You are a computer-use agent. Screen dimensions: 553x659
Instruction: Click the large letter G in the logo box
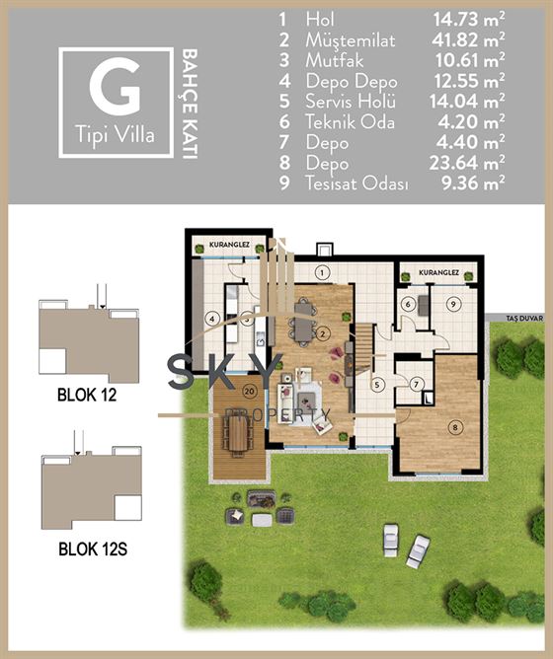[x=115, y=87]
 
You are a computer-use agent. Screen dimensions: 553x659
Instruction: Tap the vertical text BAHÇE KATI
[x=191, y=104]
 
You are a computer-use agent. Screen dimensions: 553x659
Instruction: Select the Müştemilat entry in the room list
[x=351, y=39]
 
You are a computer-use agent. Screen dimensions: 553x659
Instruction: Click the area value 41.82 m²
[x=468, y=39]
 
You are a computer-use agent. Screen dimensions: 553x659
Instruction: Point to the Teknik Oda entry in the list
[x=351, y=122]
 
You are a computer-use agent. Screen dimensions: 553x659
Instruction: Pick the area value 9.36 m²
[x=473, y=183]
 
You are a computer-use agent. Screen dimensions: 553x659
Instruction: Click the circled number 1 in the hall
[x=322, y=272]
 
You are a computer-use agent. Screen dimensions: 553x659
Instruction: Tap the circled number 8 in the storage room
[x=455, y=428]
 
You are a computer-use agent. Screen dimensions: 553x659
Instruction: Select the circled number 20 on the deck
[x=250, y=392]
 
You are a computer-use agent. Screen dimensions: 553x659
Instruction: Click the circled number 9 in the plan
[x=453, y=304]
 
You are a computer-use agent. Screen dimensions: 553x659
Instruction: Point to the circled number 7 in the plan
[x=416, y=384]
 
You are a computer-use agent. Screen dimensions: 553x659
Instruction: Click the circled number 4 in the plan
[x=212, y=319]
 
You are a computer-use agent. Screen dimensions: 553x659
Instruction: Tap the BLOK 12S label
[x=93, y=549]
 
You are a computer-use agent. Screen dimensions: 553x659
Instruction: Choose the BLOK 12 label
[x=87, y=395]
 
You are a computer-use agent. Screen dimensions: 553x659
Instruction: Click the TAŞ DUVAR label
[x=524, y=319]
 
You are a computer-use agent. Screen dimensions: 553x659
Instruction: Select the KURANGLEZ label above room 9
[x=439, y=272]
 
